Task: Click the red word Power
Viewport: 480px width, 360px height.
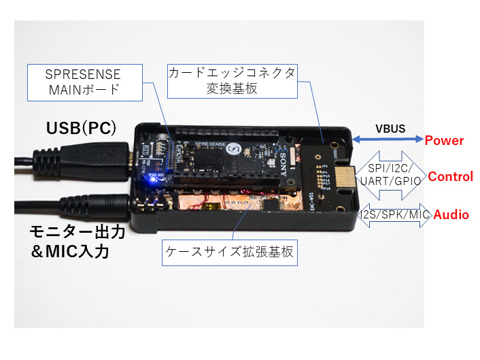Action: [x=444, y=141]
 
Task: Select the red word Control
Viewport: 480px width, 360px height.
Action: [x=450, y=177]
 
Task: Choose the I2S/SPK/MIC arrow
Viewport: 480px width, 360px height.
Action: [x=393, y=214]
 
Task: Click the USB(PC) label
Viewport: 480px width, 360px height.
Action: [x=81, y=127]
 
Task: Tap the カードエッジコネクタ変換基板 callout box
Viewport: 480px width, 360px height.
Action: [x=232, y=80]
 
